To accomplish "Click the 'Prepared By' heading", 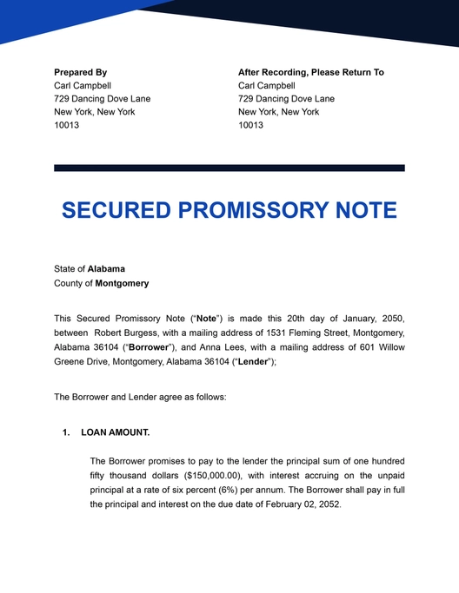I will click(x=80, y=72).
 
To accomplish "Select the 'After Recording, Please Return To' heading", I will click(x=310, y=72).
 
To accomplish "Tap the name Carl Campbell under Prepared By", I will click(x=83, y=86).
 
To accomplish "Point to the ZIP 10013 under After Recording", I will click(x=250, y=125).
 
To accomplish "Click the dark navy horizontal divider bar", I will click(x=229, y=168).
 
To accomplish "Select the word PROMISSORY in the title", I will click(x=247, y=211).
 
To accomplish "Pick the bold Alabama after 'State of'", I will click(x=106, y=269).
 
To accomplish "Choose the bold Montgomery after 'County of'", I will click(x=122, y=283).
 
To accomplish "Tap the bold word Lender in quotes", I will click(x=251, y=361).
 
